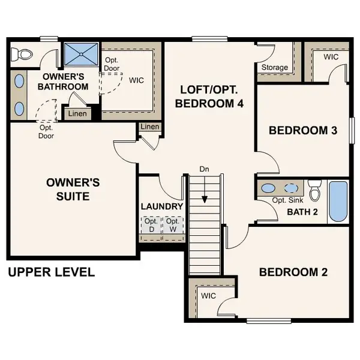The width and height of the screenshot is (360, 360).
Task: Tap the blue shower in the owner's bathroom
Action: (80, 55)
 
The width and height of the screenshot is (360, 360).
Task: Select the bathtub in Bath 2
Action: (338, 202)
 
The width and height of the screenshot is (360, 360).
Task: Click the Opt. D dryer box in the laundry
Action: (151, 225)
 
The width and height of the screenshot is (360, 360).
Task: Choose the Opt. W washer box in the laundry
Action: (173, 225)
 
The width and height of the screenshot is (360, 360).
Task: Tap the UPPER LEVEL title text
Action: (51, 272)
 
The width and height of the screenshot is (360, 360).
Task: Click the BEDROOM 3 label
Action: (302, 130)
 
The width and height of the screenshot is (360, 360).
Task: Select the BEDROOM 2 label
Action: (293, 272)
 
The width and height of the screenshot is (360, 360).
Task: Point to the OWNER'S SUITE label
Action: (73, 189)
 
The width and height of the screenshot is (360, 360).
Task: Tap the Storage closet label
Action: (274, 68)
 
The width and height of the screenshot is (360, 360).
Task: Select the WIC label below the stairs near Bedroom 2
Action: (208, 296)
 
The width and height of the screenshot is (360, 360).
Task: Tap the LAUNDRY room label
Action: (161, 206)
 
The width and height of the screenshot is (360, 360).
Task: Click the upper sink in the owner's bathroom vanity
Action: (19, 82)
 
